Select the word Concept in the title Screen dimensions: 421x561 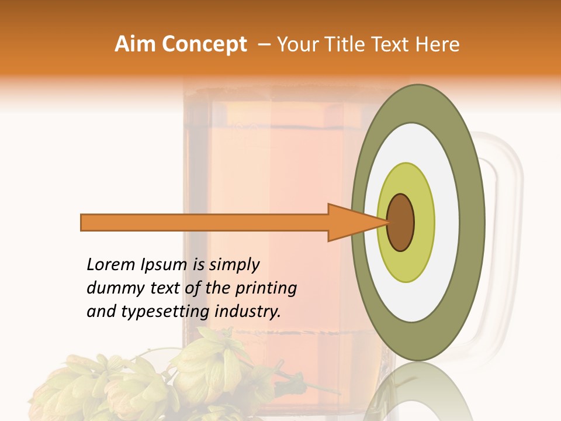(x=204, y=44)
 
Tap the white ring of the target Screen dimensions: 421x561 (x=447, y=222)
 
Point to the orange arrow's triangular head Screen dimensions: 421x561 (x=351, y=222)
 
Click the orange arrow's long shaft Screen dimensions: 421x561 (x=205, y=222)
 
